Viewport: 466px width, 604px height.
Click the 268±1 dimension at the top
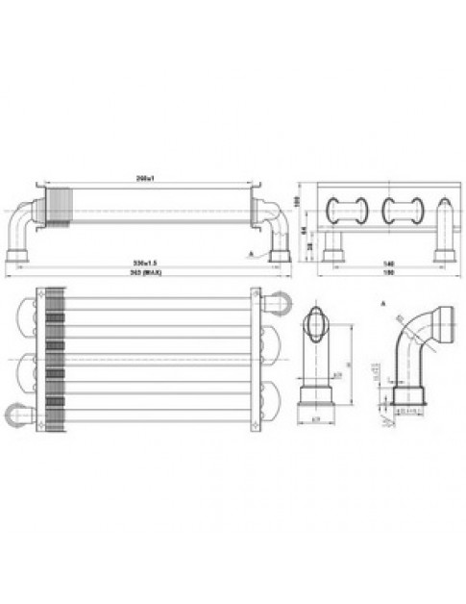[x=146, y=179]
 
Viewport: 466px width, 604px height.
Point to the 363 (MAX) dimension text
[x=146, y=274]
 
